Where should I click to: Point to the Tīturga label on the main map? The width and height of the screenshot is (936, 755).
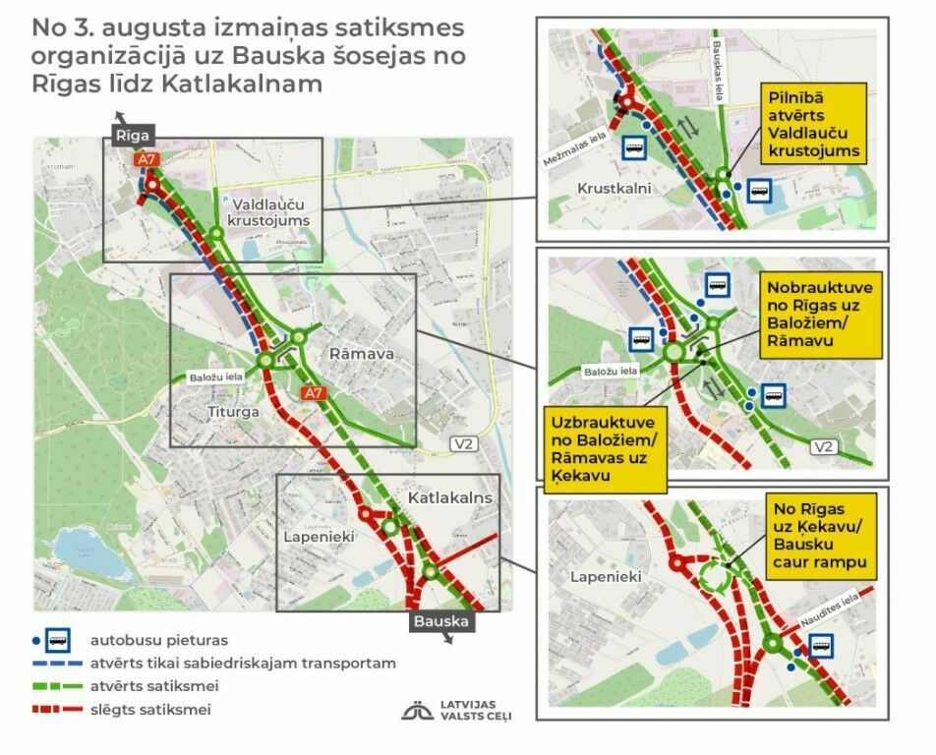[233, 412]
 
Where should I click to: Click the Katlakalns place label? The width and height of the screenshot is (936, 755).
[449, 498]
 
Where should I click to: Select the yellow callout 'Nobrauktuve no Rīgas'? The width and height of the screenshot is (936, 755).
[811, 314]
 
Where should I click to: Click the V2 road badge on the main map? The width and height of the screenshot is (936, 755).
[463, 444]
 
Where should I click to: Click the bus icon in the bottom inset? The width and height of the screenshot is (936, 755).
[820, 647]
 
